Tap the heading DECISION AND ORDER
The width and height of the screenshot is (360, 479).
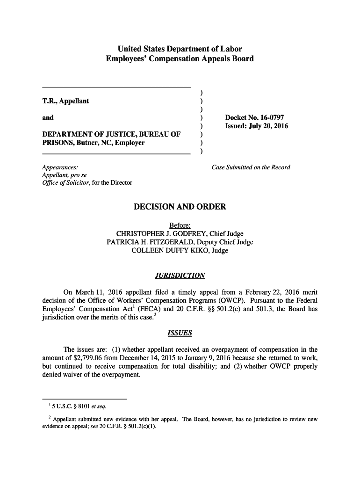click(x=180, y=207)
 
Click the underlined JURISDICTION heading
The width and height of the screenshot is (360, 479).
click(x=180, y=276)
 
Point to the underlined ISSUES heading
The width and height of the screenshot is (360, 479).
click(x=180, y=334)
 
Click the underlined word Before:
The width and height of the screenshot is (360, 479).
click(x=180, y=225)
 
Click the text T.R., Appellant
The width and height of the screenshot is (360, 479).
click(x=65, y=101)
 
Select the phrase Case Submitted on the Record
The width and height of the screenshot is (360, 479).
click(x=251, y=167)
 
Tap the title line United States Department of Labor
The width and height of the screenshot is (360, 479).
click(x=180, y=49)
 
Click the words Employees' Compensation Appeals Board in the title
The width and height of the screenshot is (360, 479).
click(x=180, y=59)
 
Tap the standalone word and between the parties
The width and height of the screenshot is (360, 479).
click(x=48, y=117)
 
